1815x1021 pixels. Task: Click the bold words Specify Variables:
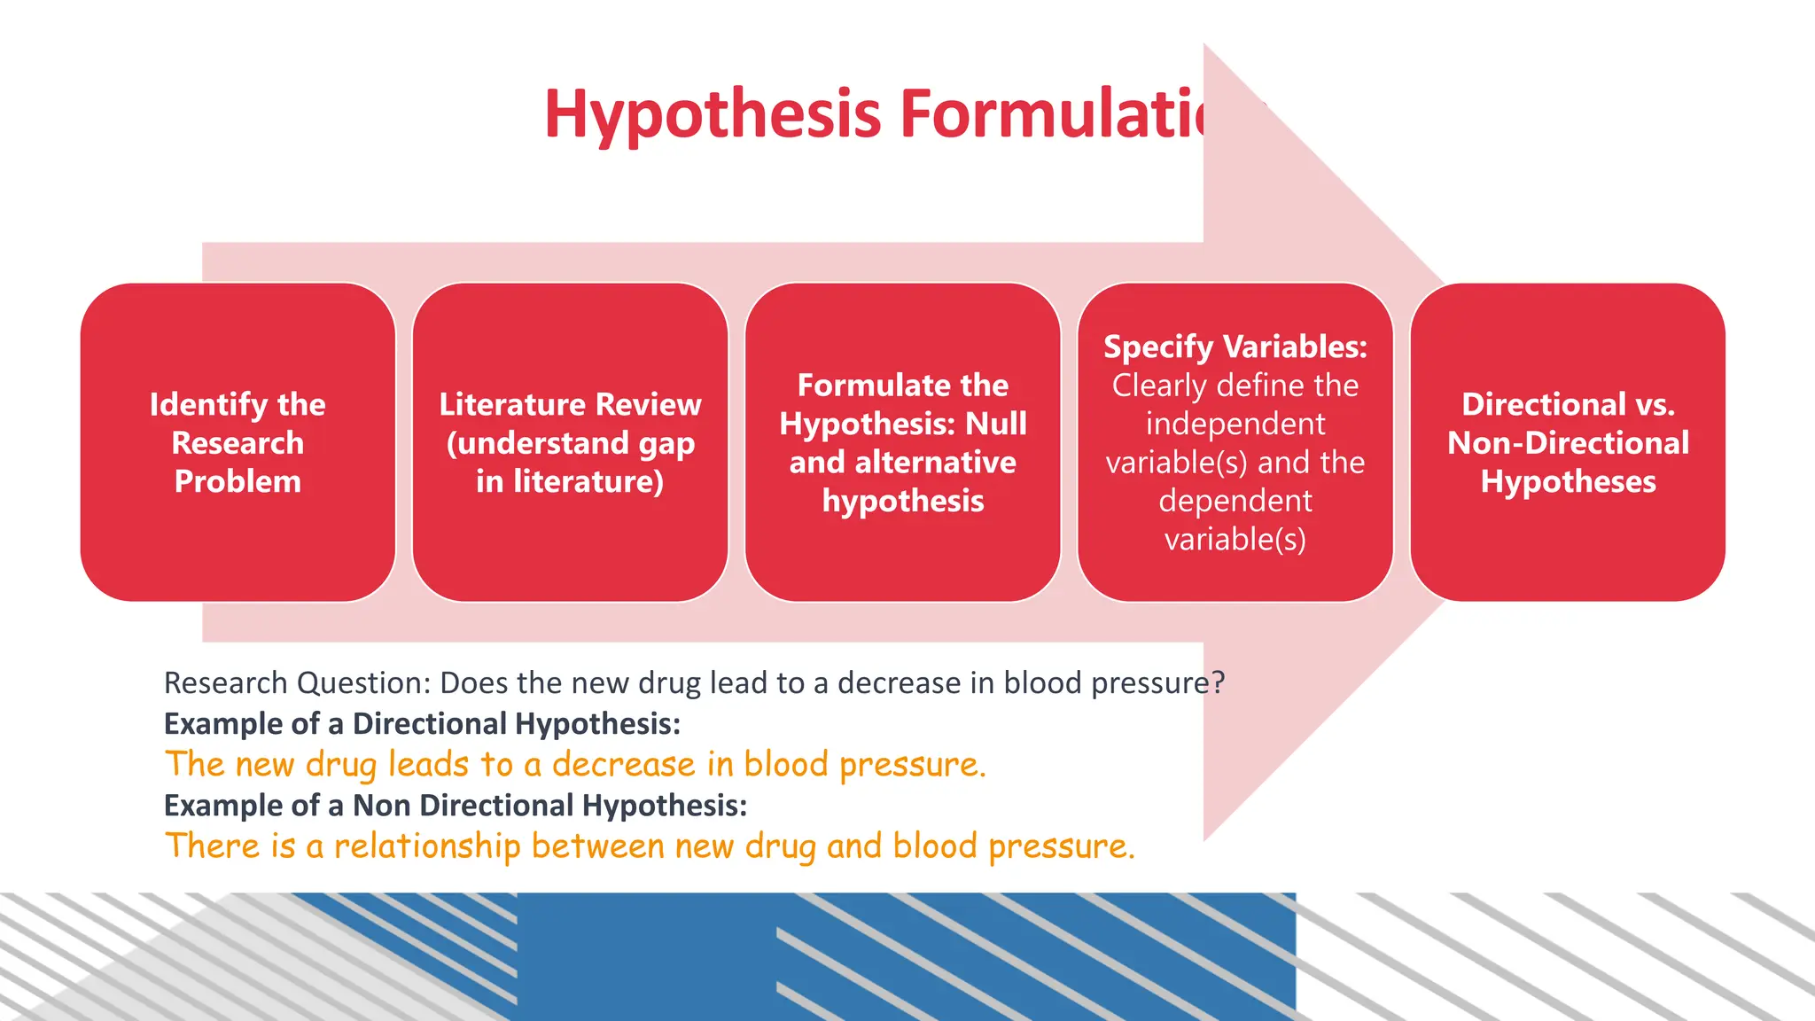click(x=1235, y=347)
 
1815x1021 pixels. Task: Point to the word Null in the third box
click(x=996, y=424)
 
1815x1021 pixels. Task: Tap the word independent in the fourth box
click(x=1235, y=424)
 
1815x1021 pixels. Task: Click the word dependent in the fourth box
click(x=1235, y=501)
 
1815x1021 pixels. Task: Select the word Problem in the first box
click(x=238, y=481)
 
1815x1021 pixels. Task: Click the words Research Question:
click(x=297, y=683)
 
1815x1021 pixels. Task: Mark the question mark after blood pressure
click(x=1219, y=683)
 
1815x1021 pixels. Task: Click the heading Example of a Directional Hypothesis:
click(x=422, y=724)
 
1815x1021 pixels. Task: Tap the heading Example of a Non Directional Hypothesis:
click(x=456, y=806)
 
